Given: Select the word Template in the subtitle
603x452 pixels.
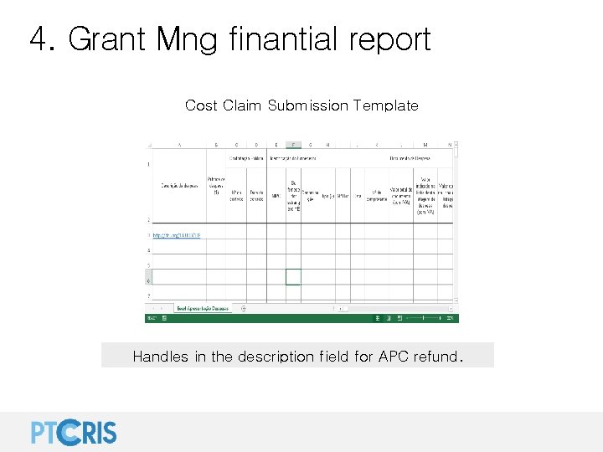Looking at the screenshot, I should (x=385, y=105).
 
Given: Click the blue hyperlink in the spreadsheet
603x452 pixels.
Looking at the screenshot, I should (x=176, y=235).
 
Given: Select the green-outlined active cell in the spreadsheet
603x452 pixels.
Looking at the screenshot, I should (x=293, y=276).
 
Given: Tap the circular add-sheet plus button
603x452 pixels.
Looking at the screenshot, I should (x=244, y=308).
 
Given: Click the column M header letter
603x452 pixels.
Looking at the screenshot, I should (x=425, y=144).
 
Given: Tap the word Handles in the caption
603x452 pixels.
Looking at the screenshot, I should (x=161, y=357).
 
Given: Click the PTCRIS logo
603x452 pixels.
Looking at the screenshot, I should (x=74, y=431).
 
